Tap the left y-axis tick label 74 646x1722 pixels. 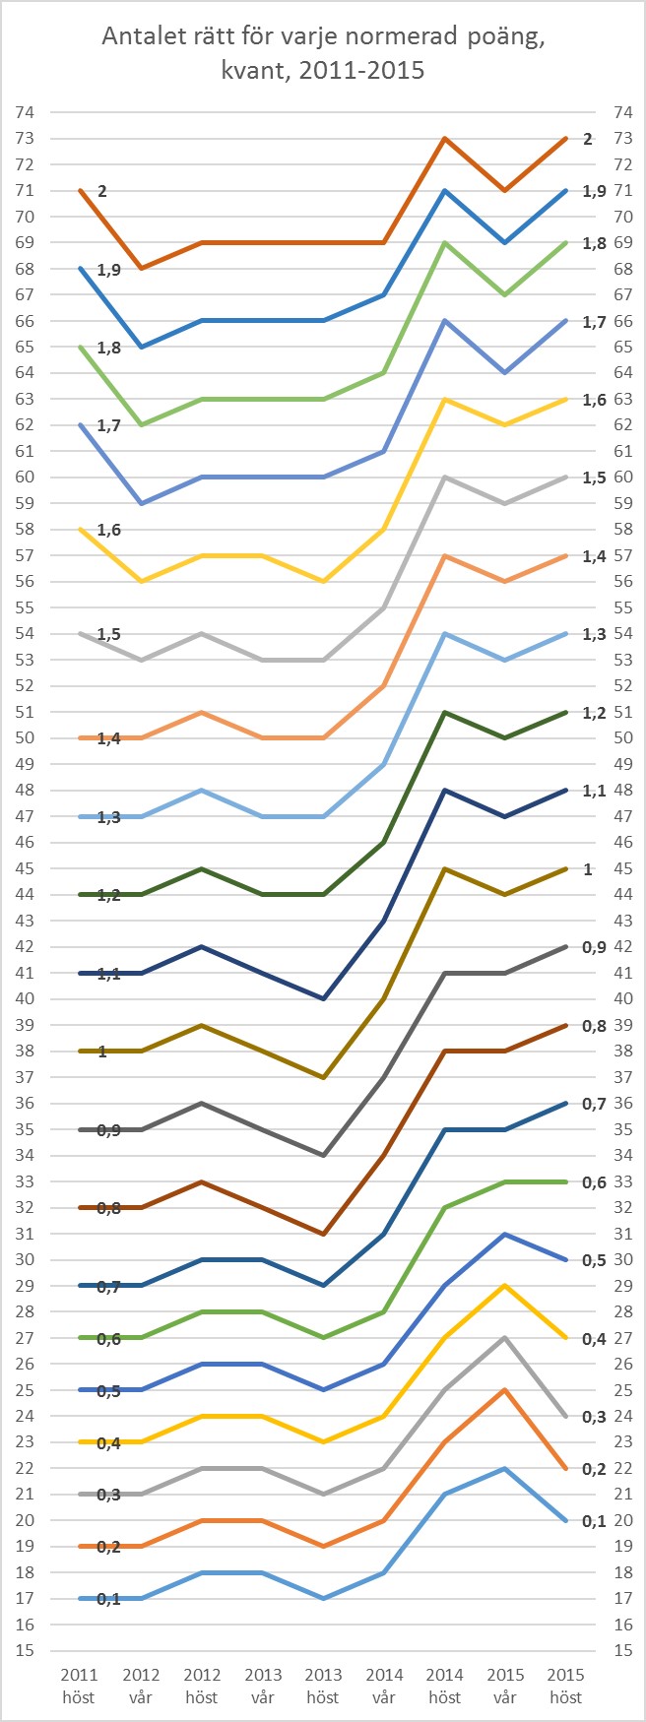pos(27,112)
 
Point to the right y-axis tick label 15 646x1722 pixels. pos(621,1650)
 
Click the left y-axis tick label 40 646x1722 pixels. pos(27,998)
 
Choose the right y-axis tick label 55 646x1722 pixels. pos(621,607)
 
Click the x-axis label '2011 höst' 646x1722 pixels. pos(79,1686)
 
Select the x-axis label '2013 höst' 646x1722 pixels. pos(323,1686)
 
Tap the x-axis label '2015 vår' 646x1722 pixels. pos(505,1686)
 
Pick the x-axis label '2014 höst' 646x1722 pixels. pos(444,1686)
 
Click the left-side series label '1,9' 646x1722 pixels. pos(108,269)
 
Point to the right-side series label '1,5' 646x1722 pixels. pos(593,478)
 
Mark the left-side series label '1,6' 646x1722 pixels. pos(108,530)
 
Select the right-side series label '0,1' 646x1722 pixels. pos(593,1520)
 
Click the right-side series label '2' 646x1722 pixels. pos(588,139)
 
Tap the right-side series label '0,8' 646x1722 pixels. pos(593,1025)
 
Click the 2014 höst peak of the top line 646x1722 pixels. pos(444,138)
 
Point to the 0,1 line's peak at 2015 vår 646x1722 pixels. pos(505,1468)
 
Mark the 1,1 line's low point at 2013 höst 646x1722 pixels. pos(323,998)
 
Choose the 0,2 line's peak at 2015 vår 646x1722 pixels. pos(505,1389)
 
